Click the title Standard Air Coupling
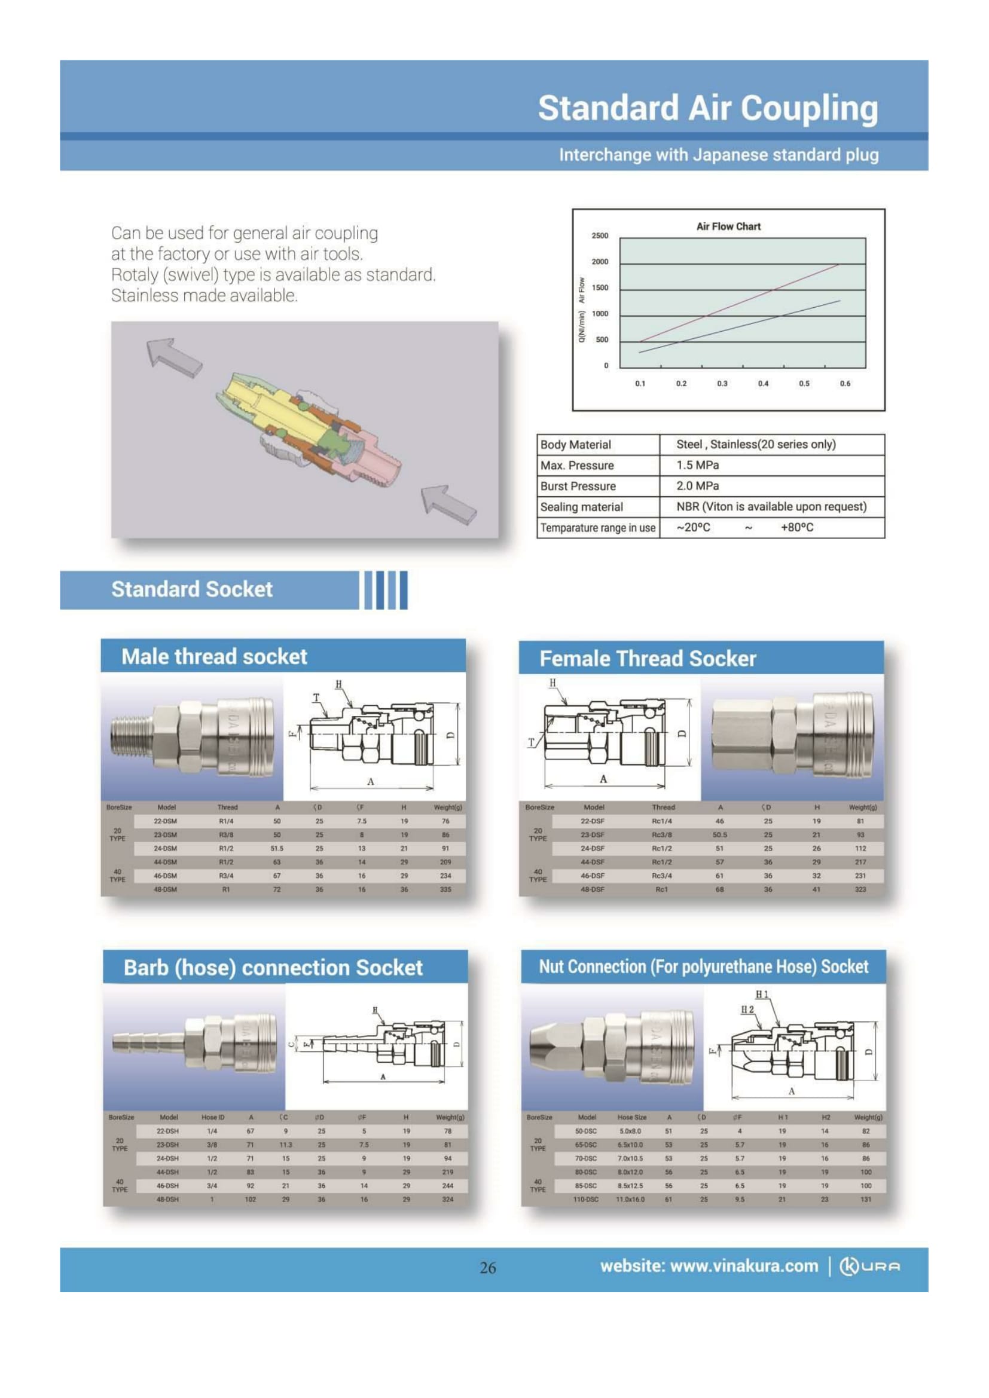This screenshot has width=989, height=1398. point(707,108)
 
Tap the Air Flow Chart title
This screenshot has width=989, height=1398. point(728,227)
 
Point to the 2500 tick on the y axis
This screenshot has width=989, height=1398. point(600,235)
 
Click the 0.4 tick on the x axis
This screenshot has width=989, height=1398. point(763,384)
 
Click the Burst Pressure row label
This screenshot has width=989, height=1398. point(578,486)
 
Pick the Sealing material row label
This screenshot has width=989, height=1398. point(582,507)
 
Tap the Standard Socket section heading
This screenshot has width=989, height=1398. point(192,589)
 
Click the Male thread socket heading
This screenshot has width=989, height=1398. point(215,656)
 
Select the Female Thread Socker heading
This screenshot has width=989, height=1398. point(648,658)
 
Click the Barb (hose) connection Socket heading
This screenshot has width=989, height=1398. point(273,968)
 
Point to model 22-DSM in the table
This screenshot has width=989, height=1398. point(166,821)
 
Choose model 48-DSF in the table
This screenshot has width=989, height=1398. point(592,889)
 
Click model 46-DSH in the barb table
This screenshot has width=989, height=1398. point(167,1185)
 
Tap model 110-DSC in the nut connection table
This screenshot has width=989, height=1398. point(587,1199)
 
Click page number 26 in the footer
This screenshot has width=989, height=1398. point(488,1268)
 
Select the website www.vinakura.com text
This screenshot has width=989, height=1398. point(710,1267)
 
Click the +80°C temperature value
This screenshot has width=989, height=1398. point(796,527)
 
